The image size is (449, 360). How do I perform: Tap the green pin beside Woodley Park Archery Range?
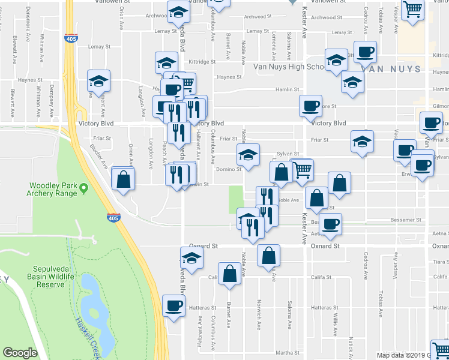pos(84,189)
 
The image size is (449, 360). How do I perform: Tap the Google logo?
pos(20,353)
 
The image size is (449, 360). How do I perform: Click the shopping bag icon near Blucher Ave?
pos(123,179)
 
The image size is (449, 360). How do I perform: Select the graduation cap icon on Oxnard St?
pos(191,258)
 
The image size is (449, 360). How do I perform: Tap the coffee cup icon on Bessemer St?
pos(330,224)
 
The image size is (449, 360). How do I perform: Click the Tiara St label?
pos(440,262)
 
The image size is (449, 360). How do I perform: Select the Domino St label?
pos(229,169)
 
